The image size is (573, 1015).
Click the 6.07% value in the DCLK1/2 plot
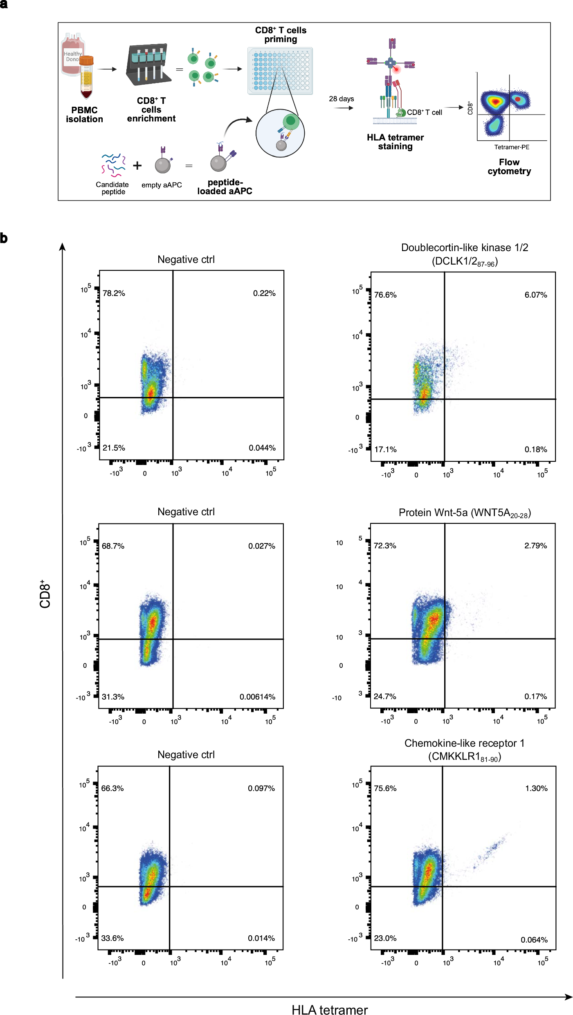click(535, 295)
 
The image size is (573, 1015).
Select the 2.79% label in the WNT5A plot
click(535, 546)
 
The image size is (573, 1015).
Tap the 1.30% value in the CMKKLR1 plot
click(536, 788)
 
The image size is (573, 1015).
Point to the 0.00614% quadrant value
click(257, 696)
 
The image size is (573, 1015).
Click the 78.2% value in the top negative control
click(114, 293)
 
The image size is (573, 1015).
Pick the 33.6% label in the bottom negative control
click(112, 938)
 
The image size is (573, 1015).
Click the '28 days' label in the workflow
click(341, 99)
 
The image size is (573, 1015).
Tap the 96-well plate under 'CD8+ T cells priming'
click(280, 71)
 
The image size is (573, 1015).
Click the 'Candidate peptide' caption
click(112, 188)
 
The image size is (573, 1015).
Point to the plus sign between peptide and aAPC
click(137, 166)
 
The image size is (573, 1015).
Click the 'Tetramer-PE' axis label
click(511, 147)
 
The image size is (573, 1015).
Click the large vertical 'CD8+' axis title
click(45, 594)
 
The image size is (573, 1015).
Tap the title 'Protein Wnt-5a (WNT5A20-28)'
click(464, 513)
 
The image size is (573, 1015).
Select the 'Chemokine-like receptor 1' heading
click(464, 743)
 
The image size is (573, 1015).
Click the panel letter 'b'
click(4, 238)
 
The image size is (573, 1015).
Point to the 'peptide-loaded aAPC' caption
click(225, 186)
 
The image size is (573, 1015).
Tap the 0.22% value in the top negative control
click(264, 293)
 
